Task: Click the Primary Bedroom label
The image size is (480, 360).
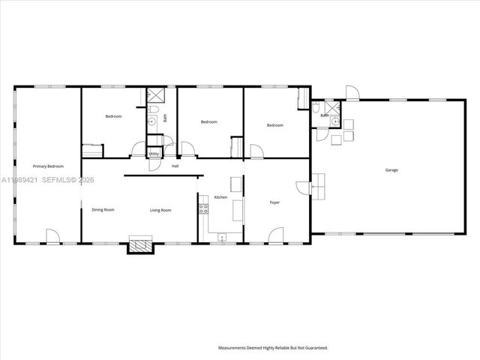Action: [x=47, y=166]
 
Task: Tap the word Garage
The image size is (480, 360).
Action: [x=391, y=170]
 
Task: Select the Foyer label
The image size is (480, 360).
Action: [x=275, y=202]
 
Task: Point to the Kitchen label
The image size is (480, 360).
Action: [x=220, y=197]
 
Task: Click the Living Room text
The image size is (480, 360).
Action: [x=160, y=210]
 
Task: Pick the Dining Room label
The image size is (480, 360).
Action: [x=103, y=210]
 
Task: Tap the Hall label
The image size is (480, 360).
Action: [x=175, y=166]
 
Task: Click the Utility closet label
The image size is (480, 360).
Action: [x=153, y=154]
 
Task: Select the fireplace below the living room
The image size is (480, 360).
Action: [x=140, y=245]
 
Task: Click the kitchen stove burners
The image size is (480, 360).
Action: [x=202, y=208]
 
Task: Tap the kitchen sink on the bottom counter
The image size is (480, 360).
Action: [x=222, y=237]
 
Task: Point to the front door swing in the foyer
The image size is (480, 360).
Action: [x=276, y=236]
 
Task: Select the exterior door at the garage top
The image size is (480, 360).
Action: [x=352, y=93]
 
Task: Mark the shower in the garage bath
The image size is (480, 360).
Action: [x=334, y=124]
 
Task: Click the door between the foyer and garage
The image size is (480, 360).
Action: [x=303, y=187]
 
